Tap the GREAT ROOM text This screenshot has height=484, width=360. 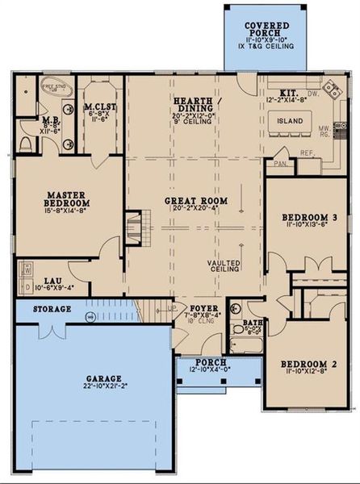195,200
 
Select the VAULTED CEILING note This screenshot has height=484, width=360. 224,268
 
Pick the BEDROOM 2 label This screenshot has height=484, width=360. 308,365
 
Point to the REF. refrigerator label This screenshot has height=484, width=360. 307,152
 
